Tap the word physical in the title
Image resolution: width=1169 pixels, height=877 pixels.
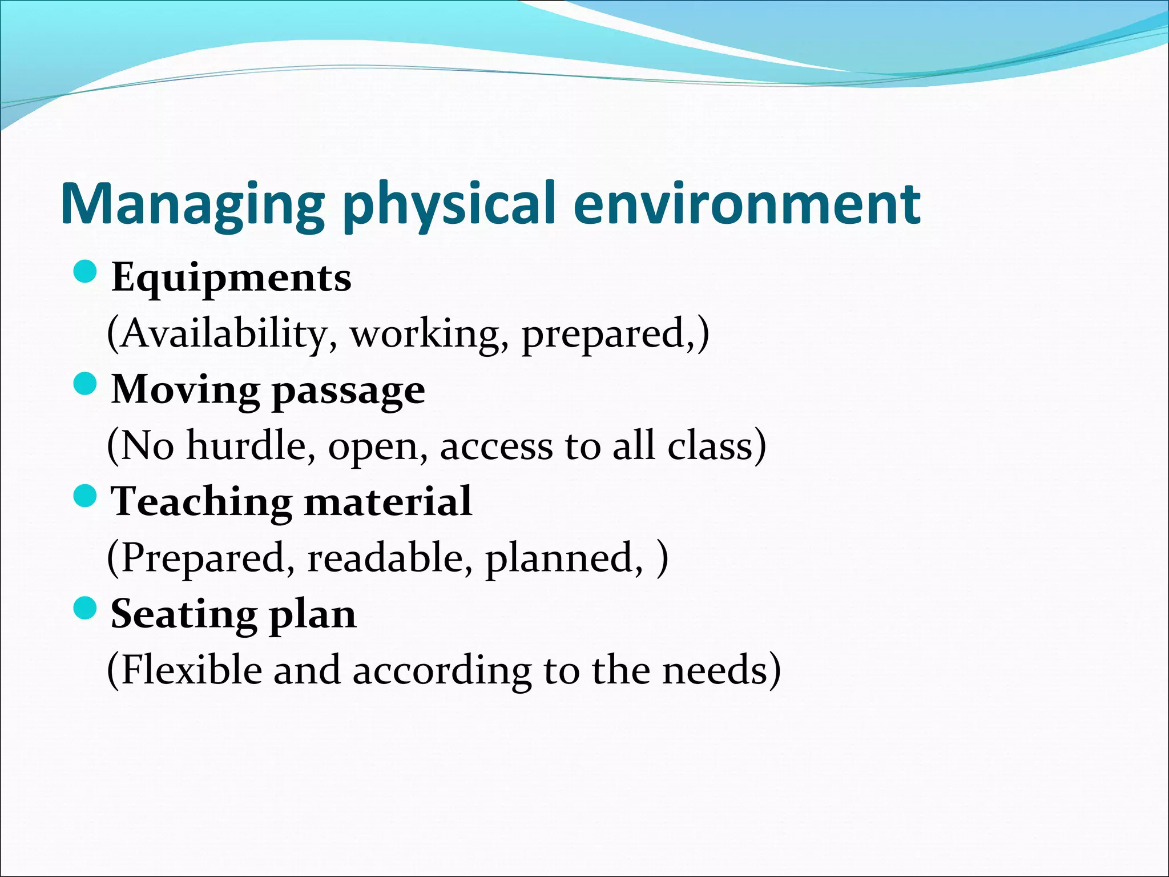449,204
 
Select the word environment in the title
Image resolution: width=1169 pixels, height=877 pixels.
747,204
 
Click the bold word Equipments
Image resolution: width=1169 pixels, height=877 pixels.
231,278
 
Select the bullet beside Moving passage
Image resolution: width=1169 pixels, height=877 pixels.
86,384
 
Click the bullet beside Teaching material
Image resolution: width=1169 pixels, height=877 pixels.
86,496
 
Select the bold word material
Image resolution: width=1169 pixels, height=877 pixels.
388,501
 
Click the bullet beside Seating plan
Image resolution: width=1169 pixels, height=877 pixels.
86,608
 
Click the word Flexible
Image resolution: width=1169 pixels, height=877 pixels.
192,670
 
